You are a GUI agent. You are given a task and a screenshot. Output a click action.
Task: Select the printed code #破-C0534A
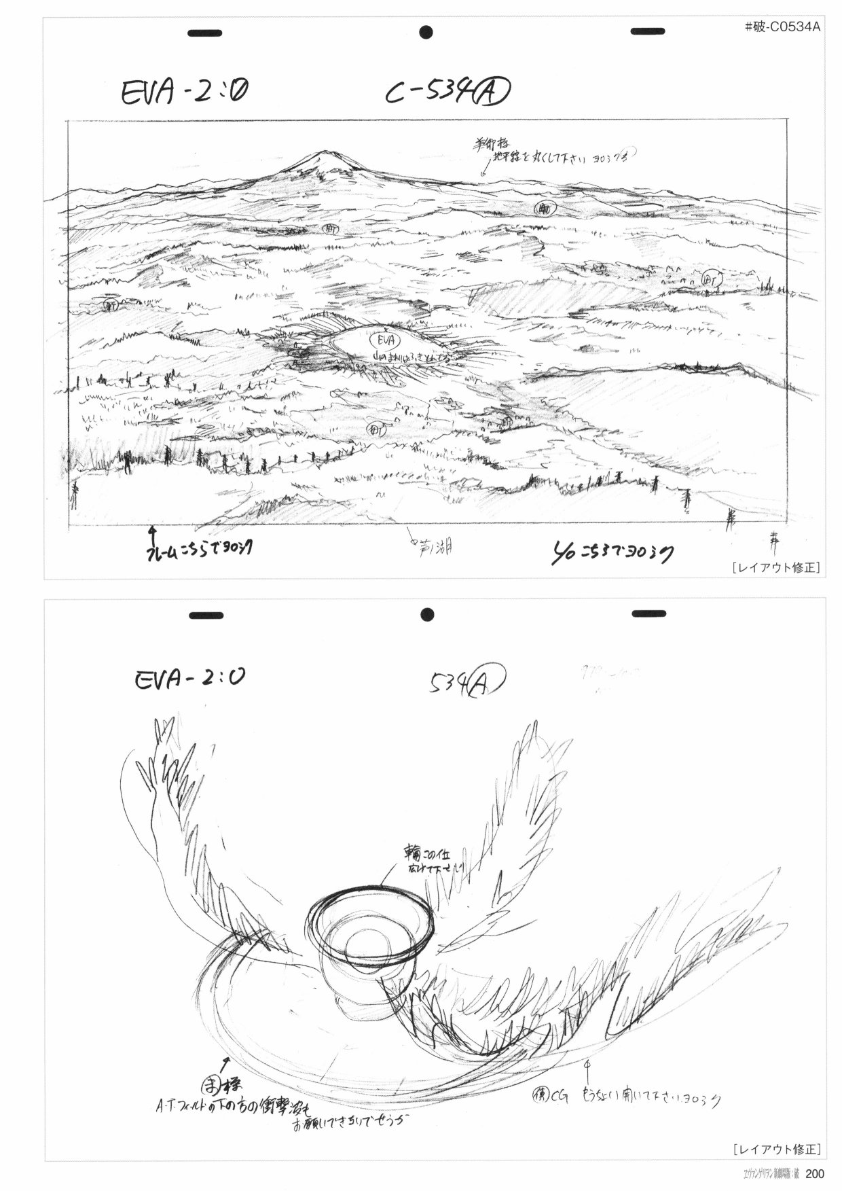click(782, 27)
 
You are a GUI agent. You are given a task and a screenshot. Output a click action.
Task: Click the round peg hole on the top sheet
click(426, 31)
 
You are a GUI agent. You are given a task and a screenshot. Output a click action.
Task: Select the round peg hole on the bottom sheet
click(426, 614)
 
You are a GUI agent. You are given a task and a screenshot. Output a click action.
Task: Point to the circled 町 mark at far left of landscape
click(109, 305)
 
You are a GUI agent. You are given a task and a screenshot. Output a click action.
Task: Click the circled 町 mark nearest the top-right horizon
click(542, 207)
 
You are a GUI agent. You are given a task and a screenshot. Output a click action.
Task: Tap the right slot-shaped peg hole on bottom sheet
click(648, 614)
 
